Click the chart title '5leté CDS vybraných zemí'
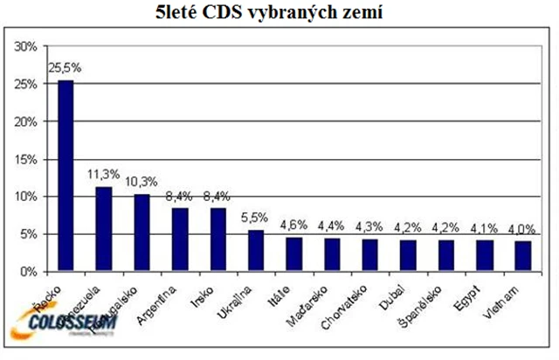(279, 12)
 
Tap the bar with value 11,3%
(102, 229)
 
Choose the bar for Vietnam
(522, 256)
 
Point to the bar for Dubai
(407, 255)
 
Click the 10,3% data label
(141, 182)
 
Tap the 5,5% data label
(254, 218)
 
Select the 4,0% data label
(522, 229)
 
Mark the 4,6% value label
(293, 225)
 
